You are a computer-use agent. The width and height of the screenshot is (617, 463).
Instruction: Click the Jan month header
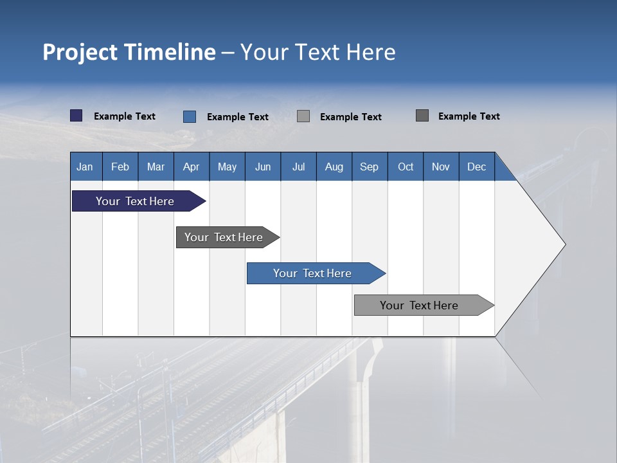(x=85, y=167)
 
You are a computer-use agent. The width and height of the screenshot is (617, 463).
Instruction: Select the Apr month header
(x=191, y=167)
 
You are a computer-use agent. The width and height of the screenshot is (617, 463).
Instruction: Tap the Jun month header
(x=263, y=167)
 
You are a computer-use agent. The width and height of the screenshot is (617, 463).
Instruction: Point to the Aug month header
(x=334, y=167)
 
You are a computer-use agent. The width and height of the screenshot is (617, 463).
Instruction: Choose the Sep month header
(x=369, y=167)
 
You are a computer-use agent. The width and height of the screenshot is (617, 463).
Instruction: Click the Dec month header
(x=476, y=167)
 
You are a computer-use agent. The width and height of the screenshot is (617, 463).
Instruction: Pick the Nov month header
(x=440, y=167)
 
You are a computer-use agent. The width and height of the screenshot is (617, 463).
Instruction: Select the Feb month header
(x=120, y=167)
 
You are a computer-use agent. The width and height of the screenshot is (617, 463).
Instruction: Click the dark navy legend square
(x=76, y=116)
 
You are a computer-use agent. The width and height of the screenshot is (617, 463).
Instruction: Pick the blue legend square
(x=190, y=116)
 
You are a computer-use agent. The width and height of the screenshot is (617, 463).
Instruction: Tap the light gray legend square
(x=303, y=116)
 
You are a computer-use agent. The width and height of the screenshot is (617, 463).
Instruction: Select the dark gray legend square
(x=422, y=116)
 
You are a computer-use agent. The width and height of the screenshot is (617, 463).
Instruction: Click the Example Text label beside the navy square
(x=125, y=116)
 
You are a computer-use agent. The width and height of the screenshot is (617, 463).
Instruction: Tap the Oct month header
(x=406, y=167)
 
